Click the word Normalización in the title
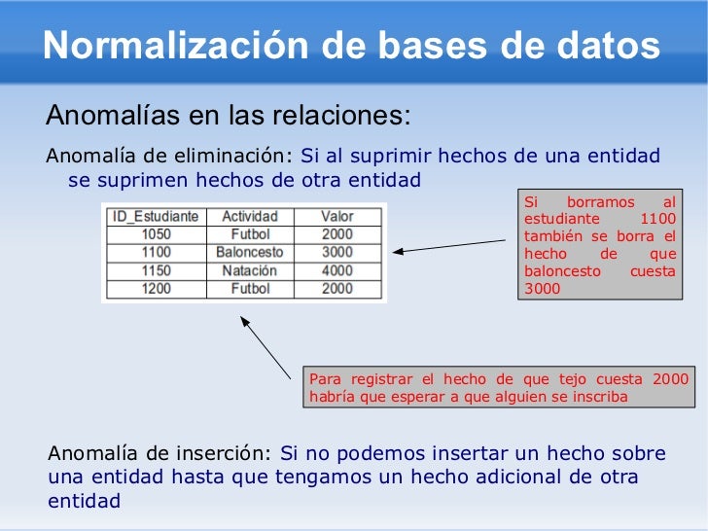(x=161, y=46)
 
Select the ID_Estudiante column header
(x=156, y=216)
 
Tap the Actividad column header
(x=250, y=216)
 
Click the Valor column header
(x=337, y=216)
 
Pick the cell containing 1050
(x=156, y=234)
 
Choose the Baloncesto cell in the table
(x=250, y=252)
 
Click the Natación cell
(x=250, y=270)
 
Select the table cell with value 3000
(x=337, y=252)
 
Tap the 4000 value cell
(x=337, y=270)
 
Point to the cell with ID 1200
(x=156, y=289)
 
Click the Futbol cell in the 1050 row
(x=250, y=234)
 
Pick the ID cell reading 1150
(x=156, y=270)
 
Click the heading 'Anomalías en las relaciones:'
(x=229, y=117)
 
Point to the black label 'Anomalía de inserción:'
(x=160, y=453)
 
